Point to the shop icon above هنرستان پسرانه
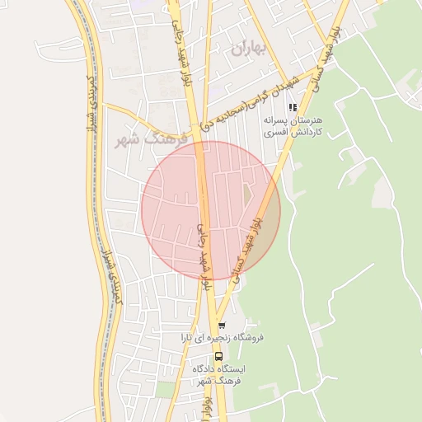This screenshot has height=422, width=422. (x=292, y=107)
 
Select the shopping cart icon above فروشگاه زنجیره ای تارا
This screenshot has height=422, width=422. (x=221, y=325)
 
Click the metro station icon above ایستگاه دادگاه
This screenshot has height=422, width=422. (x=218, y=356)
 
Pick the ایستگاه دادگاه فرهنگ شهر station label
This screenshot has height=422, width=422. (x=219, y=376)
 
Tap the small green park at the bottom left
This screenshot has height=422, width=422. (x=167, y=387)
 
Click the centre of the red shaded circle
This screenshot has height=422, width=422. (x=210, y=210)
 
